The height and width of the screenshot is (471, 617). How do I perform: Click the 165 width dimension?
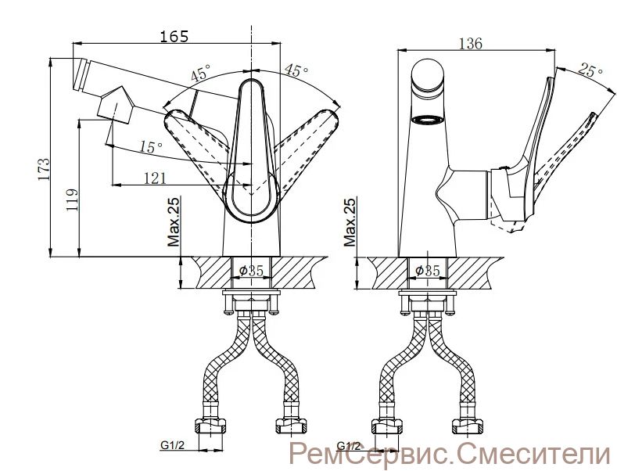[174, 36]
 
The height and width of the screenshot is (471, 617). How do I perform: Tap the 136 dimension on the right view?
[471, 43]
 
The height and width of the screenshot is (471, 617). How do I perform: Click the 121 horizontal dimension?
[154, 178]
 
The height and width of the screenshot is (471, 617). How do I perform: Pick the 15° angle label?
[151, 146]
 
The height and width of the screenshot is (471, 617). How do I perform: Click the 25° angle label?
[591, 71]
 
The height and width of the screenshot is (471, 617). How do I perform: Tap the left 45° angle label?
[200, 75]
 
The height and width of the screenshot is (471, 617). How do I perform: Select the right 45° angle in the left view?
[295, 70]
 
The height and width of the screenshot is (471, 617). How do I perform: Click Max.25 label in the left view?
[174, 222]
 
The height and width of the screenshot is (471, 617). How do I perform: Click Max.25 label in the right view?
[350, 222]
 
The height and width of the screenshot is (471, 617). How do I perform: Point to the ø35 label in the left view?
[251, 271]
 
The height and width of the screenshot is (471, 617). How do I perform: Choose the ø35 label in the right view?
[427, 271]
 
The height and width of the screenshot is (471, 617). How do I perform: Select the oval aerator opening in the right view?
[429, 120]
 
